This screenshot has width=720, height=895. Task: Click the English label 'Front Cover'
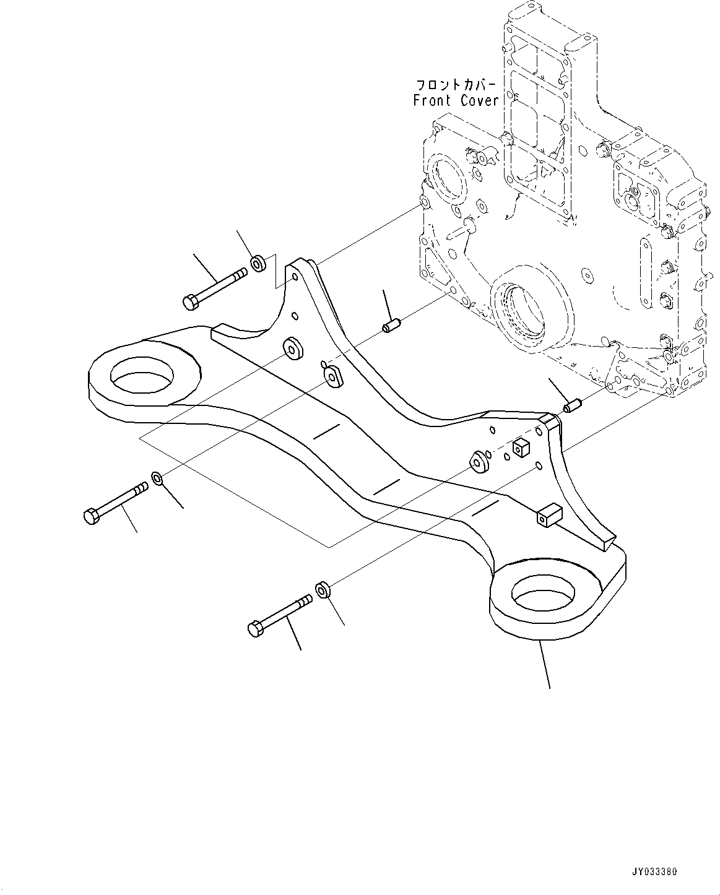click(456, 100)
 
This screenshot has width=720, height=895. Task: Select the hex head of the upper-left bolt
click(190, 303)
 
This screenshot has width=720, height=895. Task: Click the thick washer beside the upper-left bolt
click(258, 263)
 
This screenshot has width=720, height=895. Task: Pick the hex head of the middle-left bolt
click(90, 516)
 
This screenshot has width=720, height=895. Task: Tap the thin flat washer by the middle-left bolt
click(157, 478)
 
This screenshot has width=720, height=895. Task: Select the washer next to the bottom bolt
click(323, 590)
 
